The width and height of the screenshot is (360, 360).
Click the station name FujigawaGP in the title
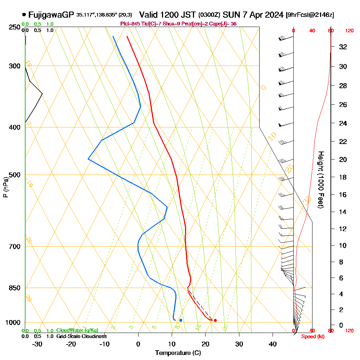[x=51, y=15]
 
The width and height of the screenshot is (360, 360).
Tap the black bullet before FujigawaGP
[x=24, y=15]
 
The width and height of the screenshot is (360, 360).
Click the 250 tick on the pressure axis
[x=14, y=27]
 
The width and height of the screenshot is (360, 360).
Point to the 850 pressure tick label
[x=14, y=288]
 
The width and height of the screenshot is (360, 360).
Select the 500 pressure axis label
[x=14, y=175]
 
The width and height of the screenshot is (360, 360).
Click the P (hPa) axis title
[x=5, y=187]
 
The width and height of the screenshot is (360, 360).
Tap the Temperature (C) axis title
[x=178, y=353]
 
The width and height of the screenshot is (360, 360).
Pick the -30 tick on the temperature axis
[x=37, y=344]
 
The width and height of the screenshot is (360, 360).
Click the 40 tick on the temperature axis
[x=273, y=344]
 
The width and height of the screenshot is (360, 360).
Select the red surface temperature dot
[x=215, y=320]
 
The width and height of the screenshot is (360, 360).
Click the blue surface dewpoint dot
[x=181, y=320]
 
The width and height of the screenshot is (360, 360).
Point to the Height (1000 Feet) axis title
[x=320, y=179]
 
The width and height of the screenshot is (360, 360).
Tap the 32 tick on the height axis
[x=343, y=46]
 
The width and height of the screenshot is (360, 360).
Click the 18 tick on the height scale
[x=343, y=177]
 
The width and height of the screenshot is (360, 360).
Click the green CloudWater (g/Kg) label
[x=77, y=330]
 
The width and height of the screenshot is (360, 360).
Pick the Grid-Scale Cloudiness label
[x=81, y=336]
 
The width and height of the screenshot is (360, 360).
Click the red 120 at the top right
[x=349, y=31]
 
